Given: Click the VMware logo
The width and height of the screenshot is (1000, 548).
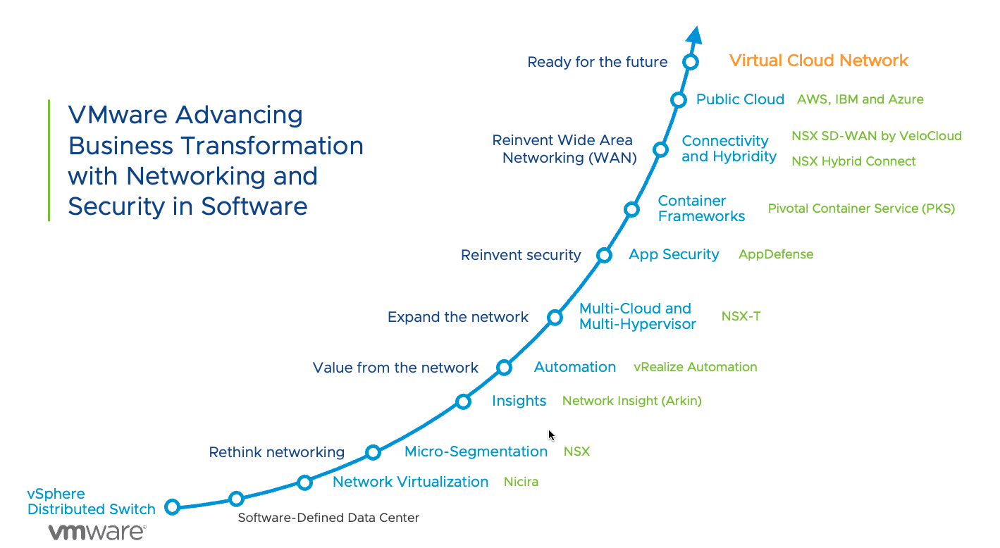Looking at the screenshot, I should coord(97,532).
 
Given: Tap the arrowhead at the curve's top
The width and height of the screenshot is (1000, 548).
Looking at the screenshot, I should coord(694,35).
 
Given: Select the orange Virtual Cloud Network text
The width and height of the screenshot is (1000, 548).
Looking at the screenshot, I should coord(819,61).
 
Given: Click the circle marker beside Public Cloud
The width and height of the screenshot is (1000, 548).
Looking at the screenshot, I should coord(679,100).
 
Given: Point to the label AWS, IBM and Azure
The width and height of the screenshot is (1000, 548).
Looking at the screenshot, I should coord(860,99).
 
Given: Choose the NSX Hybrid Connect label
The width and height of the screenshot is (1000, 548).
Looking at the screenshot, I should coord(853,161).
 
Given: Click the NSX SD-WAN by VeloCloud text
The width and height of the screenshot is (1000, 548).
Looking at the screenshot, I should coord(876,135).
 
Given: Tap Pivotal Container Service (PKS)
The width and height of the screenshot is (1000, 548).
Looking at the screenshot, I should coord(861,208).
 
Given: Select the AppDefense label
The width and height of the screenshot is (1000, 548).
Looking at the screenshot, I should coord(775,254).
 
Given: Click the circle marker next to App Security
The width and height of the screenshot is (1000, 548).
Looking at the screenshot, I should coord(604,255).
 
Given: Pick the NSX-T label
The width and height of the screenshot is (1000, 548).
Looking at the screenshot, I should coord(741,316).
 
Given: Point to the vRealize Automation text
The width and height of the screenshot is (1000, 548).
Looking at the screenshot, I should coord(695,367).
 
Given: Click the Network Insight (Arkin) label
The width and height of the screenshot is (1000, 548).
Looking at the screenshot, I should coord(631,401).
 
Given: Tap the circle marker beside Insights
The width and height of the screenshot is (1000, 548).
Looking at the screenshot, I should coord(463,401).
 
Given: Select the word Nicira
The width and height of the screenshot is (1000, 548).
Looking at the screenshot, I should coord(521,482).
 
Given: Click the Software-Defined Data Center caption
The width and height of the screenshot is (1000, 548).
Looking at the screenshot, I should coord(328,518).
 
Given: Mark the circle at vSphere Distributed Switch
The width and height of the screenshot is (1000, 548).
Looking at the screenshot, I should coord(172,506).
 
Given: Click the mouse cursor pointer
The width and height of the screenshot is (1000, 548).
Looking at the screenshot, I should coord(552,435).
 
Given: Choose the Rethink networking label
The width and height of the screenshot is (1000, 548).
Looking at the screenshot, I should coord(276,452).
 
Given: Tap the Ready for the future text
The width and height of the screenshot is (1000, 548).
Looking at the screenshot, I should coord(597,62).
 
